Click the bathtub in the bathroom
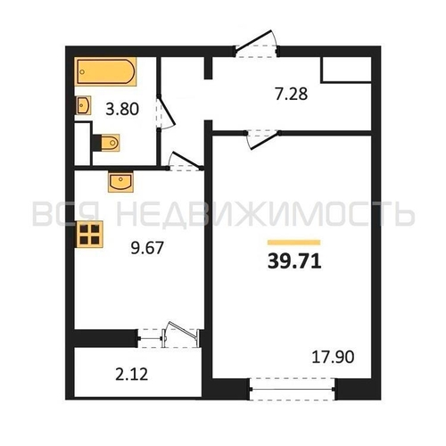click(x=105, y=71)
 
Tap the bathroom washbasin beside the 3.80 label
click(x=83, y=105)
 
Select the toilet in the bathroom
click(x=107, y=143)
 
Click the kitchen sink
click(x=120, y=182)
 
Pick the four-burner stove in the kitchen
click(x=89, y=234)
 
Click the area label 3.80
click(x=122, y=109)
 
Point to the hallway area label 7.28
click(x=292, y=94)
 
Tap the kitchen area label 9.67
click(x=147, y=248)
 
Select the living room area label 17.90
click(x=333, y=357)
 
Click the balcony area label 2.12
click(x=131, y=374)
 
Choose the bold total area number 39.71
click(x=294, y=261)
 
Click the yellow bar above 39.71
click(x=293, y=243)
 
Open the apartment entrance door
click(x=256, y=45)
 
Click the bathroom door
click(x=165, y=112)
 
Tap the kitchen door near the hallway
click(x=185, y=162)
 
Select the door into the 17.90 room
click(x=262, y=138)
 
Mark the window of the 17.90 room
click(x=293, y=389)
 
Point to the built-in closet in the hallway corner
click(x=346, y=70)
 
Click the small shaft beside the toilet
click(x=82, y=144)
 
